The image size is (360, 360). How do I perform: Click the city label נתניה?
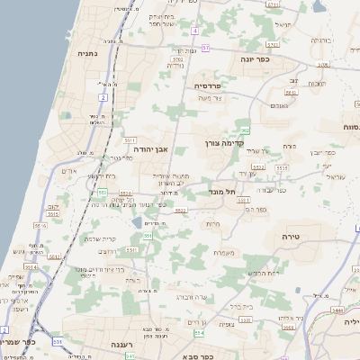[x=88, y=54]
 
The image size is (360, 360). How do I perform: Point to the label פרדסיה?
[x=213, y=85]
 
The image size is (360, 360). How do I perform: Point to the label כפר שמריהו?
[x=18, y=342]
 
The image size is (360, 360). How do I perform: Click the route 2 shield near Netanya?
[x=103, y=96]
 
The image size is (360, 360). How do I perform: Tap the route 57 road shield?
[x=206, y=47]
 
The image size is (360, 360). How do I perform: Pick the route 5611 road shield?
[x=130, y=141]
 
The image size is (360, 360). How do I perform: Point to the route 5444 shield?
[x=338, y=308]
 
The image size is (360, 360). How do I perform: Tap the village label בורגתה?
[x=321, y=40]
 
